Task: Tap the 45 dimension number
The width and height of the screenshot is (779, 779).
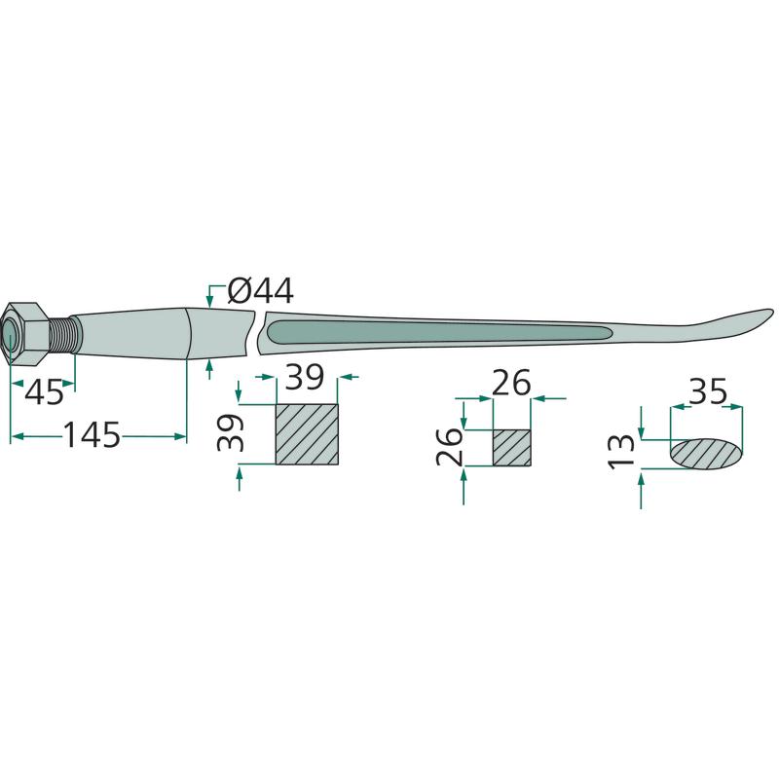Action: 44,392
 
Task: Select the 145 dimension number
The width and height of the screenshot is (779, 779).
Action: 93,435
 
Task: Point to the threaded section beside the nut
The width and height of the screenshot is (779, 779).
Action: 63,334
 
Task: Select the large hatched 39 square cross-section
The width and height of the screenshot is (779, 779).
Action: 307,434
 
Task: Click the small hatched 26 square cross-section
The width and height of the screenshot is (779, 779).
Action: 512,448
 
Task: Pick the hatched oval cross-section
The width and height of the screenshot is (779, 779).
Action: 707,454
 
